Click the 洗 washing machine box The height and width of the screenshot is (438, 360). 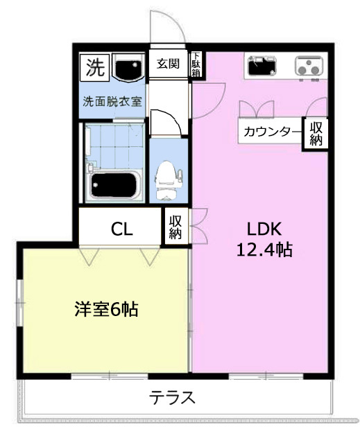[94, 67]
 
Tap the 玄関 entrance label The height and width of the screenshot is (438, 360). [168, 64]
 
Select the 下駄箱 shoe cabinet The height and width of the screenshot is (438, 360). [196, 64]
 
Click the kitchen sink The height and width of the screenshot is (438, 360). [262, 66]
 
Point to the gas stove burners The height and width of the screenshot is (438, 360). [309, 67]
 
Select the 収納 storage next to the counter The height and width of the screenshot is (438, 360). [316, 134]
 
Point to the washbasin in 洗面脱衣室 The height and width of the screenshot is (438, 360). [128, 67]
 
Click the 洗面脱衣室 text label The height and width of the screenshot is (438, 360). [112, 101]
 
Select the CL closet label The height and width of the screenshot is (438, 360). [121, 229]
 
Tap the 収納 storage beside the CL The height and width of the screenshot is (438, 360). [175, 227]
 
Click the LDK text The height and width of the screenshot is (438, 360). [264, 229]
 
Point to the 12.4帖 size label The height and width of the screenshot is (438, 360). [264, 249]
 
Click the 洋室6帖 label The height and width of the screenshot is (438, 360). [106, 309]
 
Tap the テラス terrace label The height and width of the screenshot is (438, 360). [171, 398]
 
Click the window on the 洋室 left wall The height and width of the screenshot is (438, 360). [19, 303]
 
